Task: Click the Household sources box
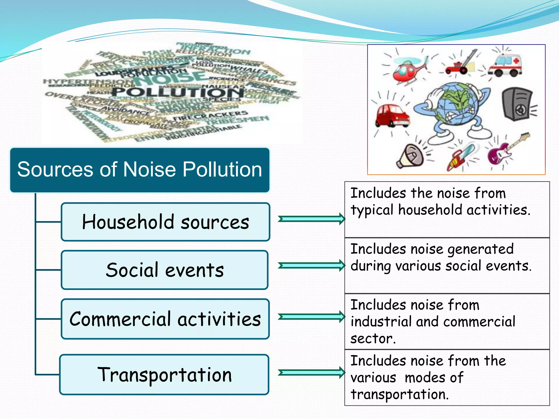(x=165, y=222)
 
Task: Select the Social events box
(x=165, y=270)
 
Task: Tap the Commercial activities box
(x=165, y=319)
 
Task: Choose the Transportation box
(x=164, y=375)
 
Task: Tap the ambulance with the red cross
(x=505, y=65)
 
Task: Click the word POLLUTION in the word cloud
(x=177, y=92)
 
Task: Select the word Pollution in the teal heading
(x=222, y=169)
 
